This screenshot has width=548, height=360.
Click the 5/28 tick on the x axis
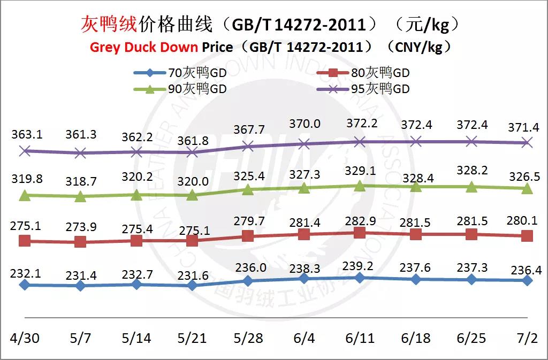[248, 338]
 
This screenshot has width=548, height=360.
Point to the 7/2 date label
[527, 338]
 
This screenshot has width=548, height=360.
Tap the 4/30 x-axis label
[24, 338]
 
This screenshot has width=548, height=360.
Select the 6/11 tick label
[360, 338]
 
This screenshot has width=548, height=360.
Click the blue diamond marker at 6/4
[304, 278]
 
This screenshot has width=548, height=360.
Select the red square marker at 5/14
[136, 241]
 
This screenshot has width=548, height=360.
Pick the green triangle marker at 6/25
[471, 187]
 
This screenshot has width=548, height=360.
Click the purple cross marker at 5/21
[193, 152]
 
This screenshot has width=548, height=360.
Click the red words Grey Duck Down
[145, 47]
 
